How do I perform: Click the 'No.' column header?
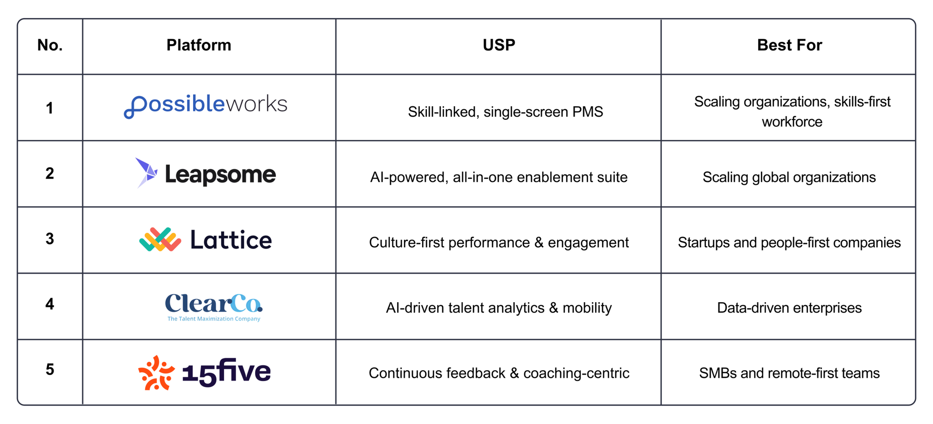[50, 45]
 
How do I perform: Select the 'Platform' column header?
[199, 45]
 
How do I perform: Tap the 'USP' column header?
[499, 45]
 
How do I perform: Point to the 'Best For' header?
[789, 45]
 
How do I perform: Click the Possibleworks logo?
[205, 106]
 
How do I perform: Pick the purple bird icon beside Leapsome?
[146, 173]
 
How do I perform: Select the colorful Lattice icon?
[160, 240]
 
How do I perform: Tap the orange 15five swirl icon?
[156, 373]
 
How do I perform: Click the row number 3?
[50, 239]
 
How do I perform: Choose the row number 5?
[50, 369]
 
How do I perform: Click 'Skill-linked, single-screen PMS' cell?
[505, 112]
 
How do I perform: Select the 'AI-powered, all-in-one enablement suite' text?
[499, 177]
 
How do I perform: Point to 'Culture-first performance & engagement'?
[499, 243]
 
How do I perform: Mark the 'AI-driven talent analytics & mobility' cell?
[499, 308]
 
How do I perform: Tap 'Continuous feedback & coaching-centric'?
[499, 373]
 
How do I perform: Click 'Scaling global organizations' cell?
[789, 177]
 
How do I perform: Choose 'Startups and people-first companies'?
[789, 243]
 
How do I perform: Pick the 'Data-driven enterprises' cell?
[789, 308]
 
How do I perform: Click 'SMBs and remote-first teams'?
[789, 373]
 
